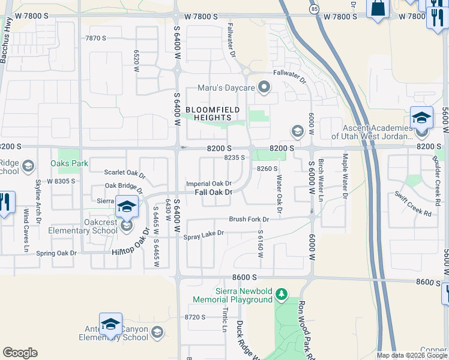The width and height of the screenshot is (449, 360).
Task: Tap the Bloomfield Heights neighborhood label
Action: (x=212, y=113)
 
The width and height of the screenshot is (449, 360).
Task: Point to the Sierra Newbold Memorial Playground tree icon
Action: (x=280, y=294)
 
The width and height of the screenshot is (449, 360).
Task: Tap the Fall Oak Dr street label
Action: (x=213, y=192)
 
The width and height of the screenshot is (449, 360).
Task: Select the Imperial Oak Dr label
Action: (x=209, y=184)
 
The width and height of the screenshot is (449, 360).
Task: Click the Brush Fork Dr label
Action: (x=249, y=220)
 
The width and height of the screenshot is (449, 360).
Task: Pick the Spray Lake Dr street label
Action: (x=203, y=233)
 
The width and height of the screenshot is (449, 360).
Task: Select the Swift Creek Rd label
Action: (x=414, y=204)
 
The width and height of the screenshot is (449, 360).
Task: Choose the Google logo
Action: (x=20, y=353)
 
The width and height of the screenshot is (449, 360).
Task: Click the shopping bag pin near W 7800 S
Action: (x=378, y=9)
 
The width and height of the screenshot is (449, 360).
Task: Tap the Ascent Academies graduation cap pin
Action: (x=421, y=118)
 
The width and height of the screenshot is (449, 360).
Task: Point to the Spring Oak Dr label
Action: (x=56, y=253)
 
